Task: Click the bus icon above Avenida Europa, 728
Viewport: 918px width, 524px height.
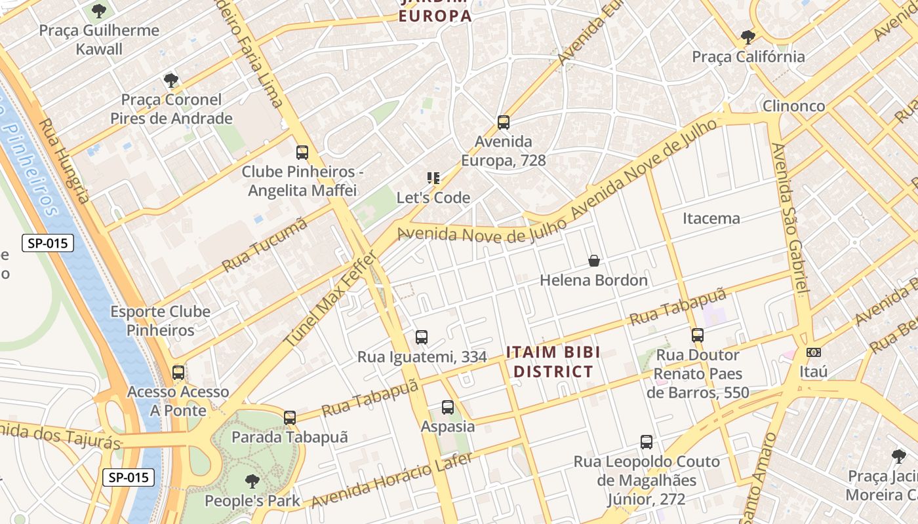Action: (503, 122)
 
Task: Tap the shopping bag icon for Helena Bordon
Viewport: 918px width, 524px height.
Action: (593, 261)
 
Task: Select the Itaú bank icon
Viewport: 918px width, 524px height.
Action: (813, 352)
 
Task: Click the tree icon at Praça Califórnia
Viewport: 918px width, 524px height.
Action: (748, 37)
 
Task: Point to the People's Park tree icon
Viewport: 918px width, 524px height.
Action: (252, 482)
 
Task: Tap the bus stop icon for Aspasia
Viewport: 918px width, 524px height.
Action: (448, 407)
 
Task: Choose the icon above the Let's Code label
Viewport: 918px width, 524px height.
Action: (433, 178)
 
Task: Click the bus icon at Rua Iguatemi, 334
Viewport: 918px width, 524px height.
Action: (422, 338)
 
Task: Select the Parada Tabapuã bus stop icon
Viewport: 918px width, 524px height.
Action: (289, 418)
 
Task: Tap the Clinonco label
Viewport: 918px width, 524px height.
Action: (793, 106)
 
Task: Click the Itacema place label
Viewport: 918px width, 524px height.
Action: (711, 218)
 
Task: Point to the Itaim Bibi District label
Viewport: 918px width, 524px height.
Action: (553, 362)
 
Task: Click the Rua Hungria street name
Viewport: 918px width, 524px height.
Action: (63, 160)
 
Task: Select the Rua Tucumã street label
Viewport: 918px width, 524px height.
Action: (265, 245)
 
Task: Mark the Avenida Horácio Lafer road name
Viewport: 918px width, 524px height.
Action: (391, 481)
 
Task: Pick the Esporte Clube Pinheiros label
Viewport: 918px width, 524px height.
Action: (161, 321)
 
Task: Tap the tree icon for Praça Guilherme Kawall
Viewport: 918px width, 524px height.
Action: (99, 11)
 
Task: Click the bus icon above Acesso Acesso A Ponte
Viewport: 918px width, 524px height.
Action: (178, 373)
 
